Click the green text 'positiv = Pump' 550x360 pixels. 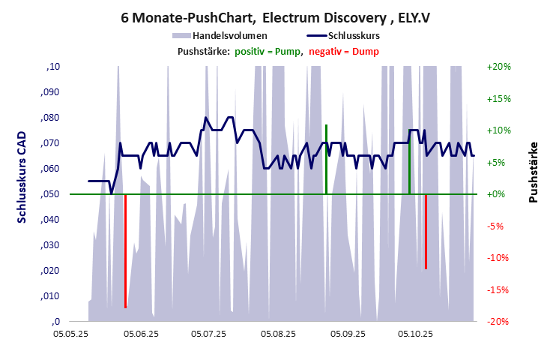[268, 51]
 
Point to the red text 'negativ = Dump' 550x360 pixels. [344, 51]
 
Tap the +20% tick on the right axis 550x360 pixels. [498, 67]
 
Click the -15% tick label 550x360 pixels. [498, 289]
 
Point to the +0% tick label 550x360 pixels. [498, 194]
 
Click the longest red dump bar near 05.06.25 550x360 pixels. [125, 251]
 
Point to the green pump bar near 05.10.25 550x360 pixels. [409, 166]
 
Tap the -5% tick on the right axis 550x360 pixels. [498, 226]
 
